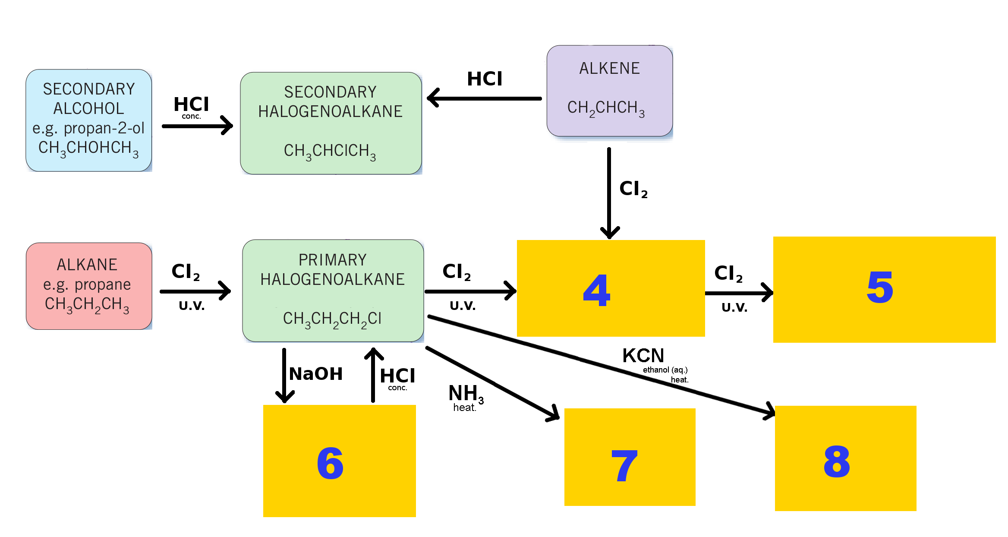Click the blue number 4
(x=596, y=291)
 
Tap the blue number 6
(x=330, y=463)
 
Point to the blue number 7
(x=624, y=465)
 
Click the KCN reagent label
(x=643, y=356)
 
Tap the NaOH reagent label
(x=316, y=374)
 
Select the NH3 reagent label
(x=466, y=394)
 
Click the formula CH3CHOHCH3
(x=88, y=148)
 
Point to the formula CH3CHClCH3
(x=330, y=152)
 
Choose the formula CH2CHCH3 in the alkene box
(x=606, y=108)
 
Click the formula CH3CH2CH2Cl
(x=332, y=319)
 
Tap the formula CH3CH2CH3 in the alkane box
(x=87, y=305)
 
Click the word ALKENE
(x=609, y=68)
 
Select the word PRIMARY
(x=332, y=260)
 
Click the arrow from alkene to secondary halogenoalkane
(x=484, y=98)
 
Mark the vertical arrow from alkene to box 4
(x=609, y=193)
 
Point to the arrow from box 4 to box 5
(x=739, y=293)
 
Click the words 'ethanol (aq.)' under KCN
(x=665, y=370)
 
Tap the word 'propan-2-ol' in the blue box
(x=104, y=128)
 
